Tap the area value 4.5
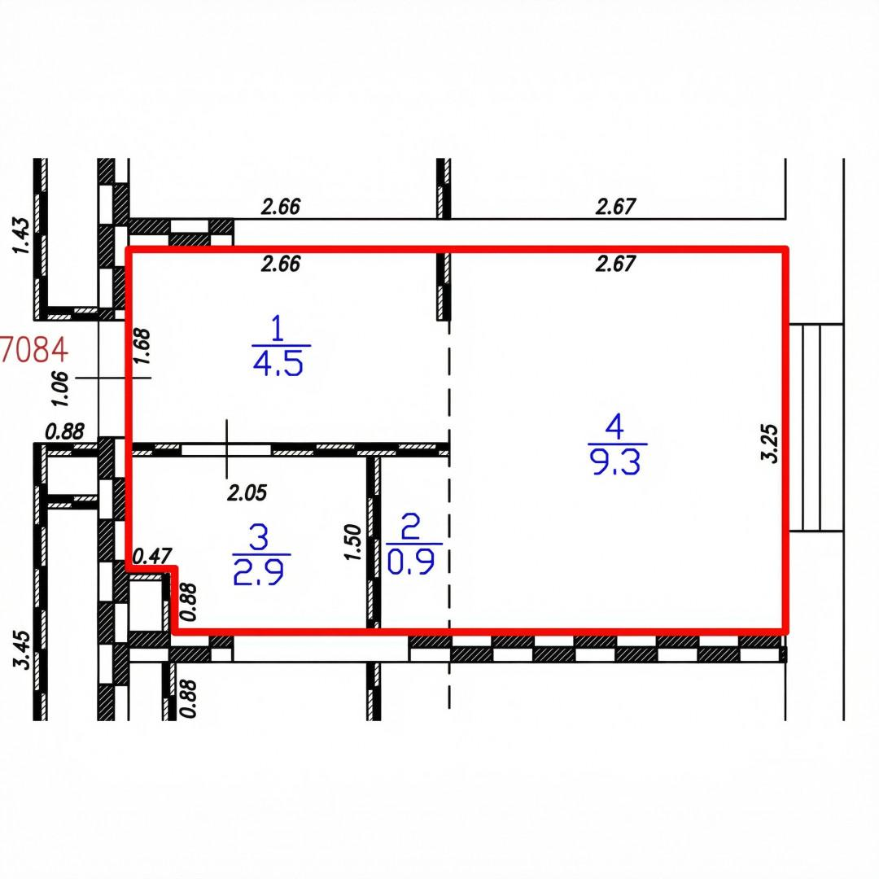(x=278, y=363)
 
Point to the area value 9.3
(x=616, y=462)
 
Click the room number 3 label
(x=260, y=537)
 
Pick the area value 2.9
(x=259, y=572)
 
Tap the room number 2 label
(x=411, y=527)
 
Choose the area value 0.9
(x=411, y=562)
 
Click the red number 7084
(x=35, y=350)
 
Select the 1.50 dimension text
(x=352, y=542)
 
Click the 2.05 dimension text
(x=247, y=492)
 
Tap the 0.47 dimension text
(x=152, y=556)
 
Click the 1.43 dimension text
(x=20, y=236)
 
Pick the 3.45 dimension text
(x=22, y=649)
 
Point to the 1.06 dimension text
(x=59, y=388)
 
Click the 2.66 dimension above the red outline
(x=281, y=206)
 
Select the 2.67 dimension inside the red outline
(x=615, y=263)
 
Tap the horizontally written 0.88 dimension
(x=65, y=431)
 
